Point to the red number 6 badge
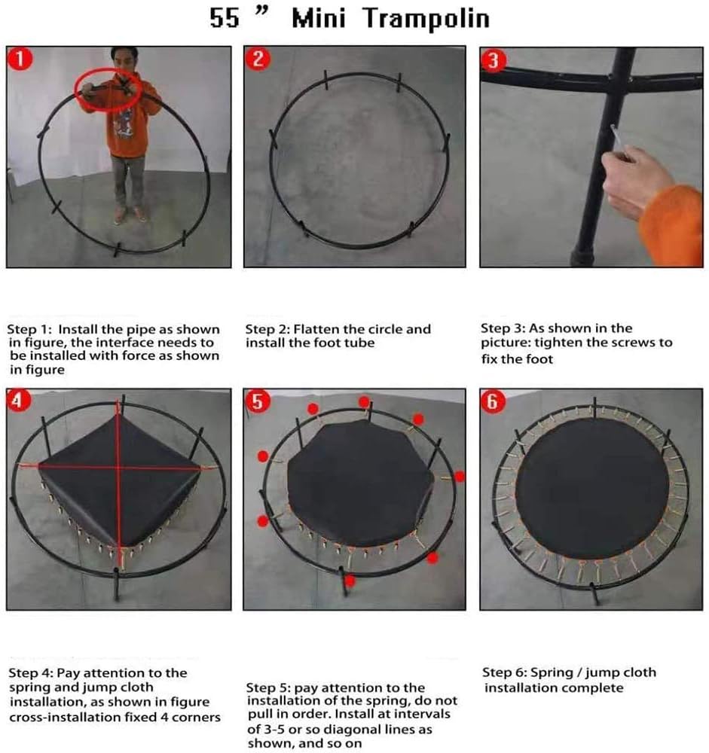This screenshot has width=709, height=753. tap(494, 402)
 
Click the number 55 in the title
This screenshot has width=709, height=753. tap(224, 18)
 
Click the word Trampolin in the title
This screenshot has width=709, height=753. tap(426, 18)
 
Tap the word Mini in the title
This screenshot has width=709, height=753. tap(319, 18)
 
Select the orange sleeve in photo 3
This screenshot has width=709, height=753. tap(675, 222)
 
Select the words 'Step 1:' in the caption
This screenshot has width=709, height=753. tap(30, 329)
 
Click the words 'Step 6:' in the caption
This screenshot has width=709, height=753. tap(506, 672)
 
